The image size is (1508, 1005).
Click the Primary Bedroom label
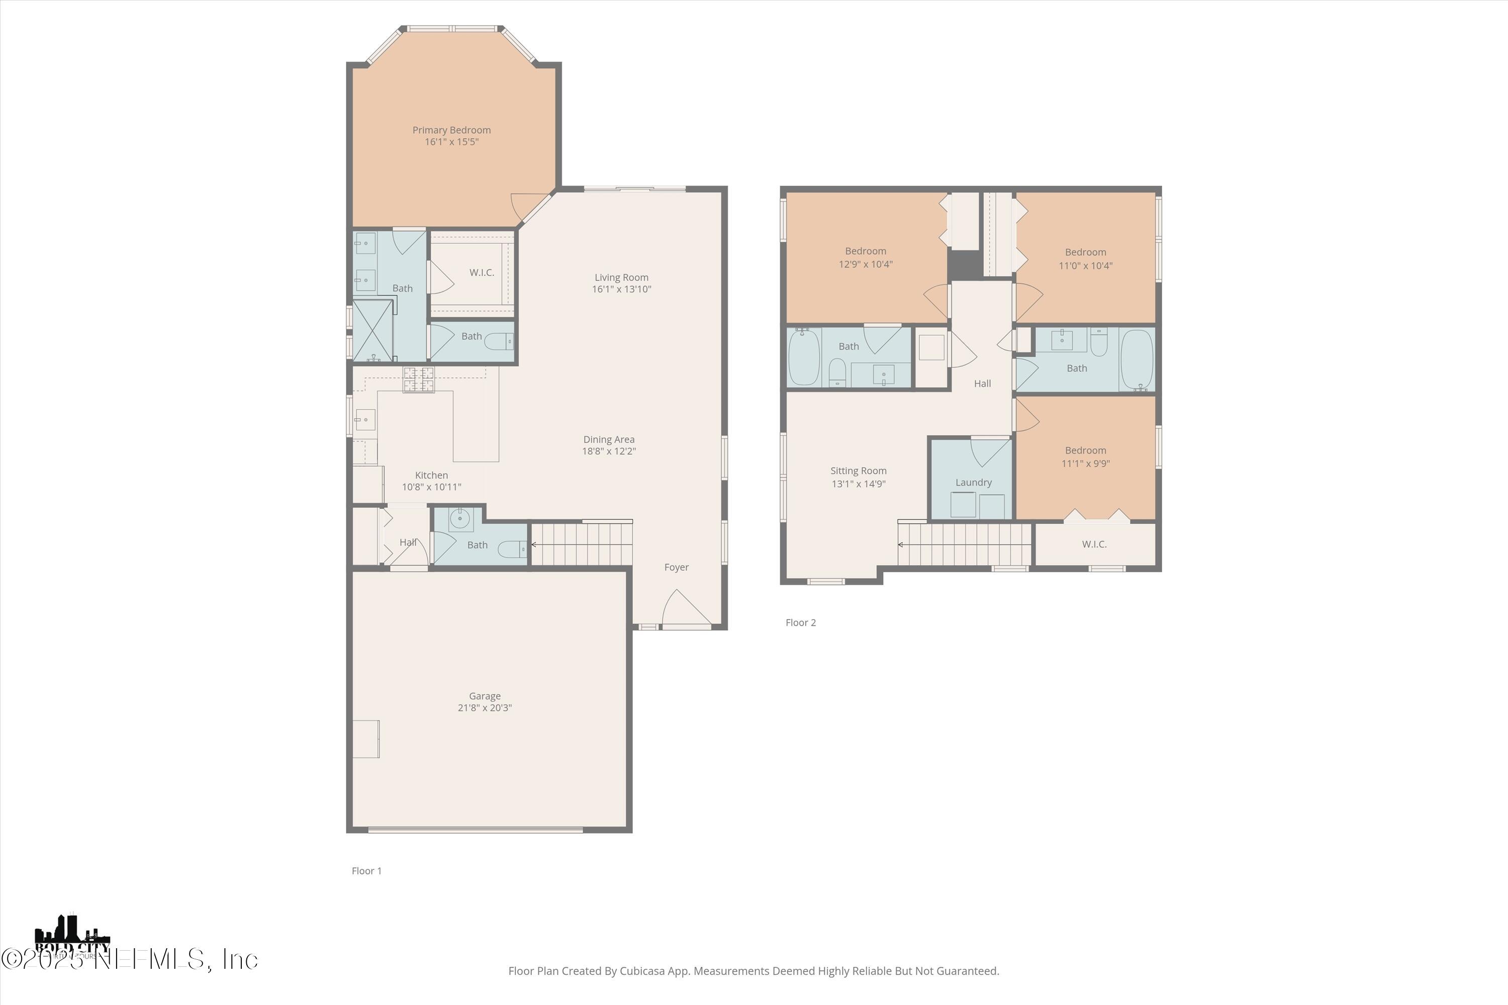pyautogui.click(x=451, y=130)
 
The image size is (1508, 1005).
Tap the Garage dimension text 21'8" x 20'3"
pyautogui.click(x=484, y=708)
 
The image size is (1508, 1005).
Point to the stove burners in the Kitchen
pyautogui.click(x=418, y=379)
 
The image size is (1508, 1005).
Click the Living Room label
pyautogui.click(x=621, y=277)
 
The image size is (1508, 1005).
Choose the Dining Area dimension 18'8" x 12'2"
pyautogui.click(x=608, y=451)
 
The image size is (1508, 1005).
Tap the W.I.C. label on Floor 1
pyautogui.click(x=481, y=272)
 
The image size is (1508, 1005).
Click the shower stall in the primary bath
pyautogui.click(x=372, y=330)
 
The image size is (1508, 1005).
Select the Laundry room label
pyautogui.click(x=973, y=482)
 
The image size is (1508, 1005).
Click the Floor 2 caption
pyautogui.click(x=800, y=623)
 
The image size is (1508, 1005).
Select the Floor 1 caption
pyautogui.click(x=366, y=870)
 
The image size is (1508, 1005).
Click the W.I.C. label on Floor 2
pyautogui.click(x=1094, y=544)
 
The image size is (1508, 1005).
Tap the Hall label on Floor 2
pyautogui.click(x=982, y=383)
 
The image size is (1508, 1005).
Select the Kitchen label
pyautogui.click(x=431, y=475)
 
